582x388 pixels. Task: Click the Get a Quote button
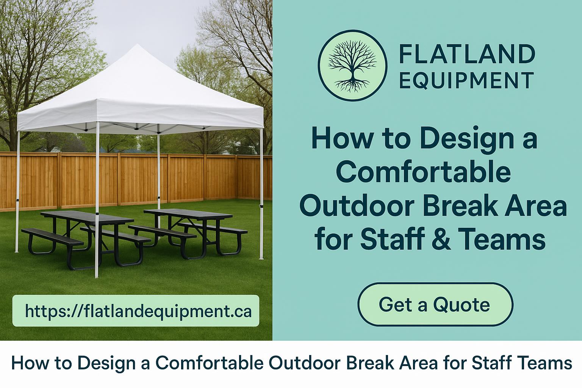click(x=435, y=304)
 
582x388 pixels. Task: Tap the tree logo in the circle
click(x=353, y=66)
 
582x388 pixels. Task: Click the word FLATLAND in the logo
click(x=467, y=54)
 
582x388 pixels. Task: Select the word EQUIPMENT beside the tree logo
click(x=466, y=81)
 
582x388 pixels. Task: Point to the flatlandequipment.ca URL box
click(x=136, y=311)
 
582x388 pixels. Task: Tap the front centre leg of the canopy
click(x=97, y=200)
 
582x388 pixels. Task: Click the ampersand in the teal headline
click(x=441, y=239)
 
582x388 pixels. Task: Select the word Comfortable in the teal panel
click(x=423, y=172)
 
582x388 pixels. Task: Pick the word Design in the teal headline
click(x=467, y=139)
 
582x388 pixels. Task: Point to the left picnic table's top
click(x=87, y=217)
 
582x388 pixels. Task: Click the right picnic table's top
click(x=188, y=214)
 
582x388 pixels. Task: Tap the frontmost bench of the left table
click(x=52, y=237)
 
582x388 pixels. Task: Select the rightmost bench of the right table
click(x=213, y=227)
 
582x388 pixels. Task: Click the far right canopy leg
click(x=261, y=194)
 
